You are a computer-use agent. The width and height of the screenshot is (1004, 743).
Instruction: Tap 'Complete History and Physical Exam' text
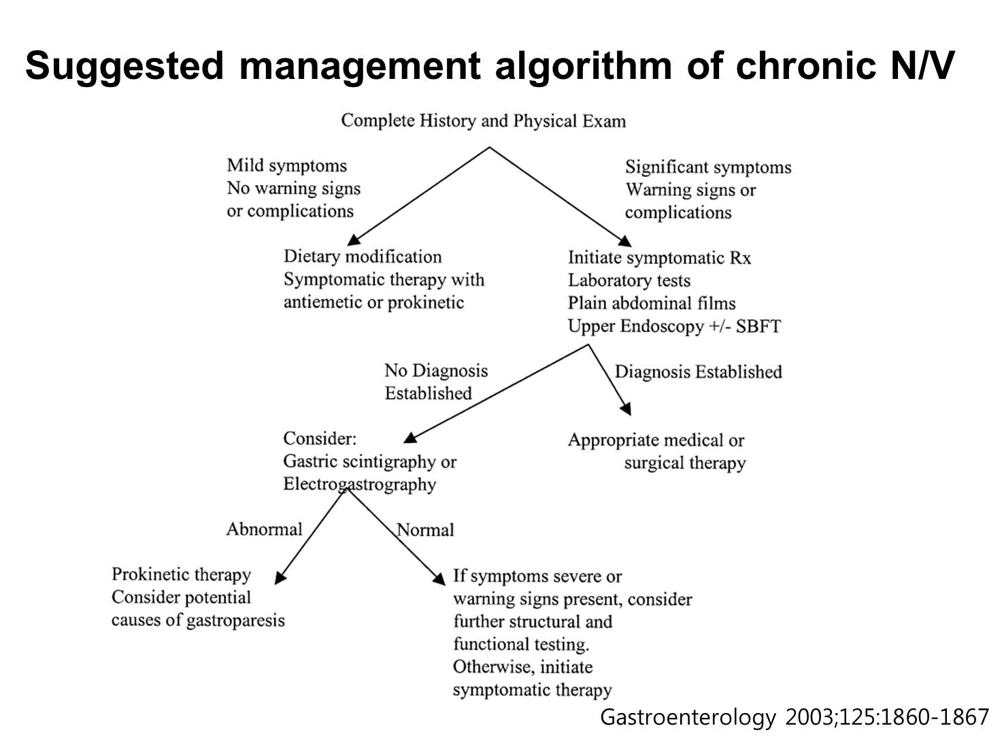(x=484, y=121)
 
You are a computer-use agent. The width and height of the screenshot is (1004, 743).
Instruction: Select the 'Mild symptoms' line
(x=286, y=166)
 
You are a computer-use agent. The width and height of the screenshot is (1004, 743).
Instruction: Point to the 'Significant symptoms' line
(x=708, y=167)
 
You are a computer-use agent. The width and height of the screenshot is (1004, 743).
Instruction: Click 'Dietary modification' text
(x=363, y=257)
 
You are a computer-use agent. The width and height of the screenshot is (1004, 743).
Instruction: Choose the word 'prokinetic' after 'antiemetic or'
(x=426, y=303)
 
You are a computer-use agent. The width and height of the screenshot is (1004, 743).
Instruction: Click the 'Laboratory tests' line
(x=629, y=281)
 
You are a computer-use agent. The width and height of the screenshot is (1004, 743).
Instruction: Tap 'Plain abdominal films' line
(x=652, y=303)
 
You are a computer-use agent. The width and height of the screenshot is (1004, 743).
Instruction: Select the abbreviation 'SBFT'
(x=758, y=327)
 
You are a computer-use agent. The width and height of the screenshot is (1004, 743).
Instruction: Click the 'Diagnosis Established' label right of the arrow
(x=698, y=372)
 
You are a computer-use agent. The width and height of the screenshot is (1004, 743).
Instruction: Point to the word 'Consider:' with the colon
(x=320, y=439)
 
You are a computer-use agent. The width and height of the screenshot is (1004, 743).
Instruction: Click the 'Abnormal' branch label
(x=265, y=529)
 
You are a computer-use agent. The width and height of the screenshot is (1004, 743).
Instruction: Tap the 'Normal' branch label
(x=425, y=530)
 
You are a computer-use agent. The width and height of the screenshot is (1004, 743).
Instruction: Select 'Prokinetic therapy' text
(x=181, y=575)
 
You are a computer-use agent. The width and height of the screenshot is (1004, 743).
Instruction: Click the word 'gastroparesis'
(x=235, y=621)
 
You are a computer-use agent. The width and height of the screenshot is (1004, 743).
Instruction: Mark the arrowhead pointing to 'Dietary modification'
(x=353, y=240)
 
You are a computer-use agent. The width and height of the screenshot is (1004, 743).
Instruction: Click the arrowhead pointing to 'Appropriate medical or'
(x=626, y=409)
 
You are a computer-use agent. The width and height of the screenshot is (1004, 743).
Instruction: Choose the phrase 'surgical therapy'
(x=685, y=463)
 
